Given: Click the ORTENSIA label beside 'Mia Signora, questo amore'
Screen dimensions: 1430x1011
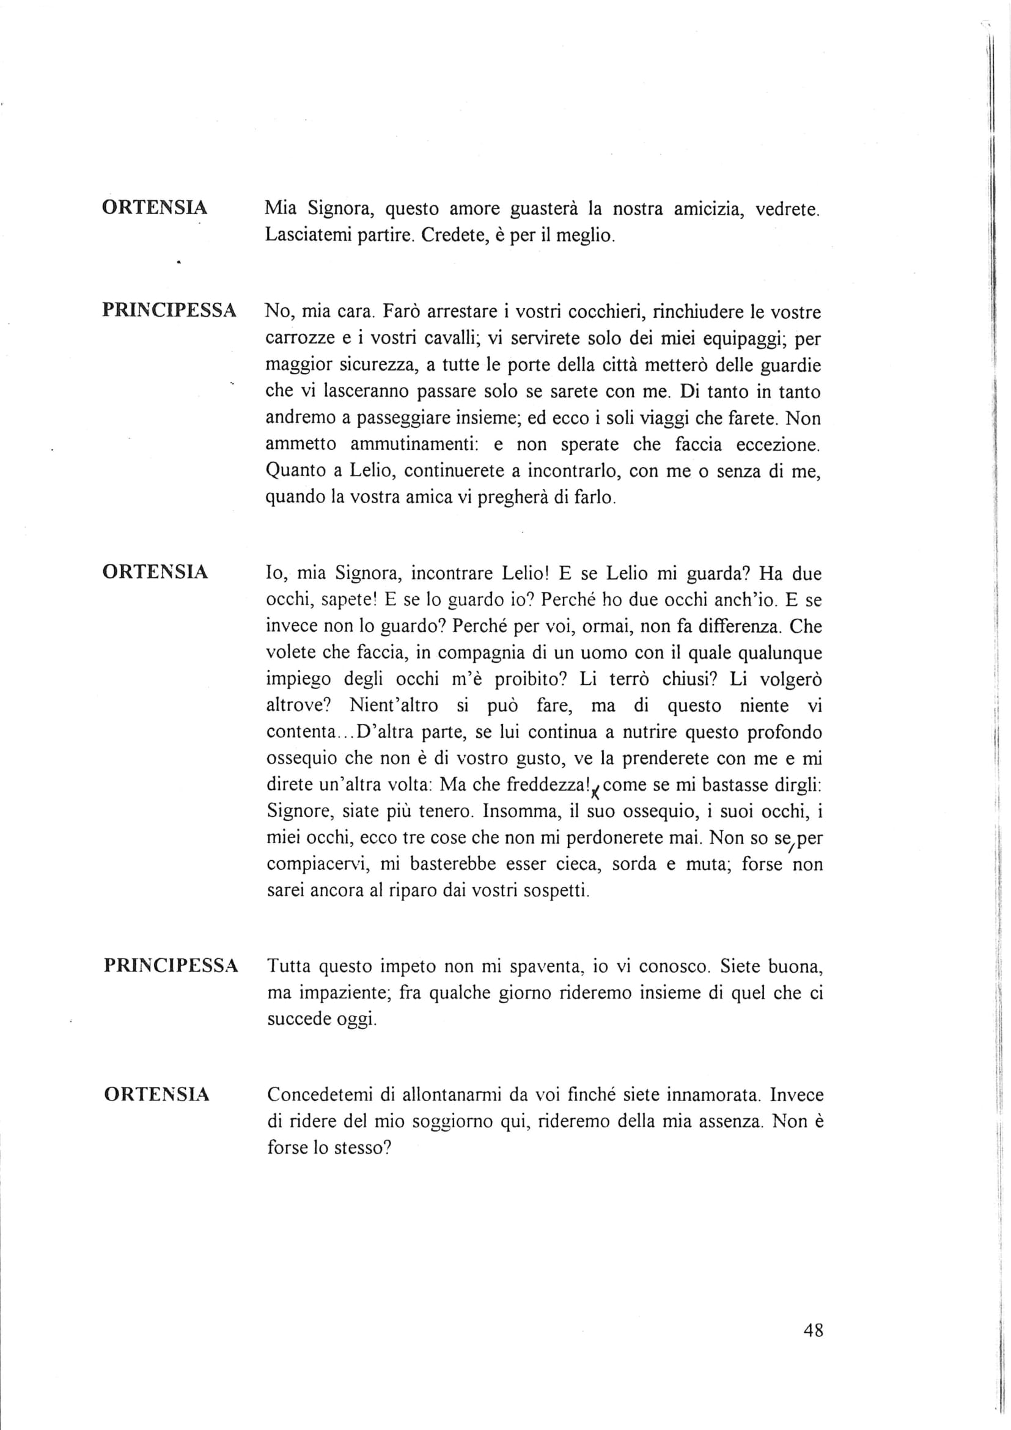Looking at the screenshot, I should pos(155,208).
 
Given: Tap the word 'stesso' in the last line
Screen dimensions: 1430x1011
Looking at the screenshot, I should pos(362,1148).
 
